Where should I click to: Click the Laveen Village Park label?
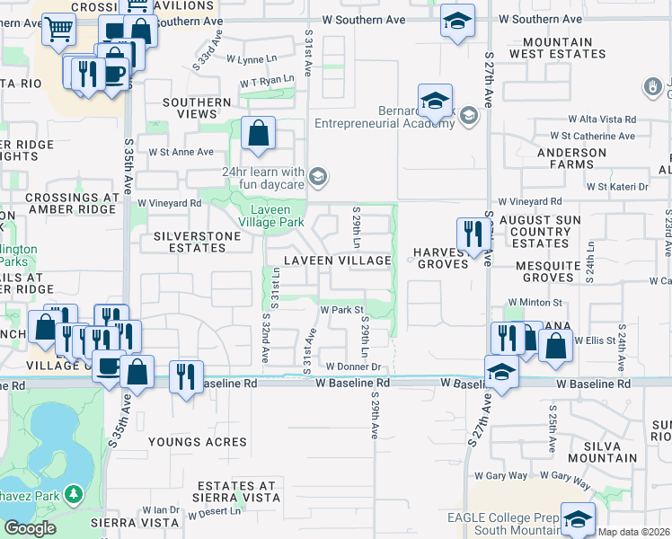point(277,216)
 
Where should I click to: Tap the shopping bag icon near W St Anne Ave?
point(258,134)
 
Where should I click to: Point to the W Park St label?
point(341,310)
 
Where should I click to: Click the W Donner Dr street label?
point(354,367)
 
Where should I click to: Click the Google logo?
point(30,528)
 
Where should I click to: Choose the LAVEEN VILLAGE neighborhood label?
point(338,261)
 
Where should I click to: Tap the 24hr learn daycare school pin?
point(316,176)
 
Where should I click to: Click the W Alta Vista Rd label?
point(601,119)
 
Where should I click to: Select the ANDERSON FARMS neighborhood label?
point(571,159)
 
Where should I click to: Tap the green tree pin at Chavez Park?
point(74,494)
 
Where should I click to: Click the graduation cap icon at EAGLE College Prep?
point(578,518)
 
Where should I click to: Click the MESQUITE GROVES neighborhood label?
point(549,271)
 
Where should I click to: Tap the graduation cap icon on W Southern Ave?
point(457,21)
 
